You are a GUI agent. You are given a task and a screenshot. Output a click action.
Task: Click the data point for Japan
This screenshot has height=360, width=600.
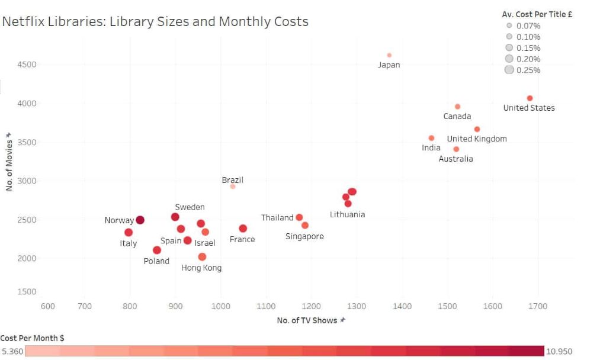[389, 55]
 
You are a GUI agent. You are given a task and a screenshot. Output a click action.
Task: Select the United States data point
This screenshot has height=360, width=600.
[530, 98]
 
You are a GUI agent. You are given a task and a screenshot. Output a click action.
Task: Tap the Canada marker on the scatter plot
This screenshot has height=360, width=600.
[457, 107]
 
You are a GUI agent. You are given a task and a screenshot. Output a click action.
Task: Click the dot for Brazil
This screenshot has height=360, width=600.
[233, 187]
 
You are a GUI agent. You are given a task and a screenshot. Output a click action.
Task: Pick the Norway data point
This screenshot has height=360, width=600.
[140, 220]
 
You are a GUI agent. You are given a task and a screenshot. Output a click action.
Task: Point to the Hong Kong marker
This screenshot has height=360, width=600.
[202, 257]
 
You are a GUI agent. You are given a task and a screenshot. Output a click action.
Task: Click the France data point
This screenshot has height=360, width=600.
[243, 229]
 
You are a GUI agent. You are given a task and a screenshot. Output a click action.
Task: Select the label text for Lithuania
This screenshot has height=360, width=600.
[347, 214]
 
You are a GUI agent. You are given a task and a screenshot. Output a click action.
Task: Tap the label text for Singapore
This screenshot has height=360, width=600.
[304, 236]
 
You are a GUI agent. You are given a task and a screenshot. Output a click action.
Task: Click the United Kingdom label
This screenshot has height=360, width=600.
[477, 139]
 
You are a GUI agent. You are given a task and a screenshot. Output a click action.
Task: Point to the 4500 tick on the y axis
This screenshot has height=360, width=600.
[25, 65]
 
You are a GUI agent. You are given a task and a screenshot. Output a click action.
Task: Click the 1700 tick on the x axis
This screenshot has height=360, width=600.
[538, 306]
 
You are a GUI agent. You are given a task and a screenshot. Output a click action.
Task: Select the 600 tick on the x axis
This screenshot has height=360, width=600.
[47, 306]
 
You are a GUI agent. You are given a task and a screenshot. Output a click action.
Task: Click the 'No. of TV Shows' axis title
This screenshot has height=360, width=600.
[307, 320]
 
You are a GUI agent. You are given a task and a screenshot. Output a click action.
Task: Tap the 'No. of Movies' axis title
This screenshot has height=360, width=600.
[9, 165]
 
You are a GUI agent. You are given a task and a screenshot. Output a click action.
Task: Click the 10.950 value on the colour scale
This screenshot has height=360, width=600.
[559, 352]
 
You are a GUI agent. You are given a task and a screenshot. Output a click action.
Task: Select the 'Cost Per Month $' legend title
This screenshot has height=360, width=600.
[33, 337]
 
